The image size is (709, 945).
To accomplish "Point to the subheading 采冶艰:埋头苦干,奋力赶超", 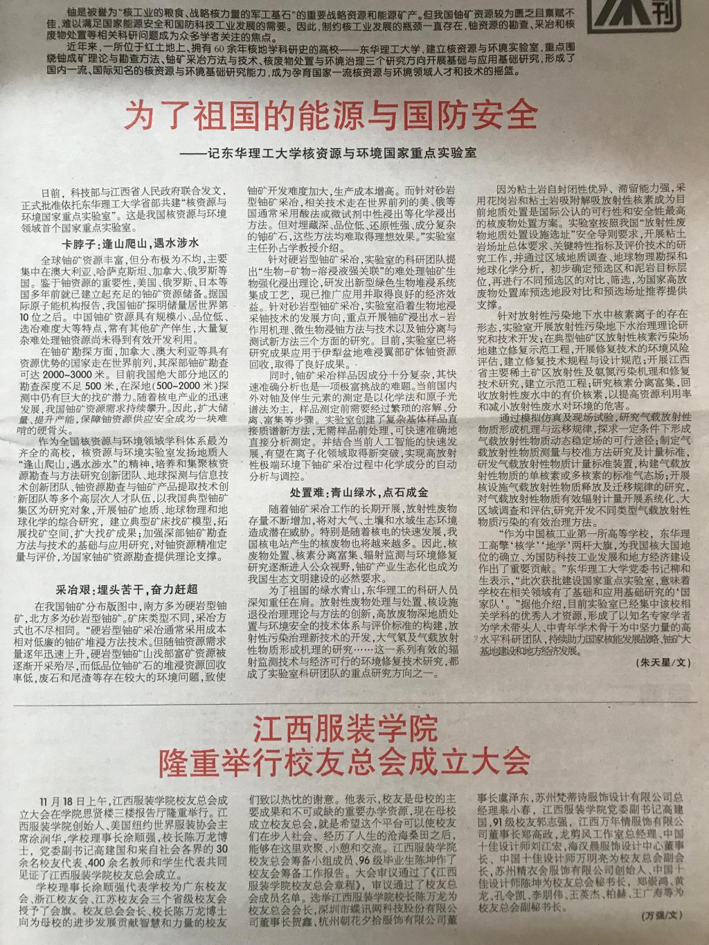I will [x=127, y=590].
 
